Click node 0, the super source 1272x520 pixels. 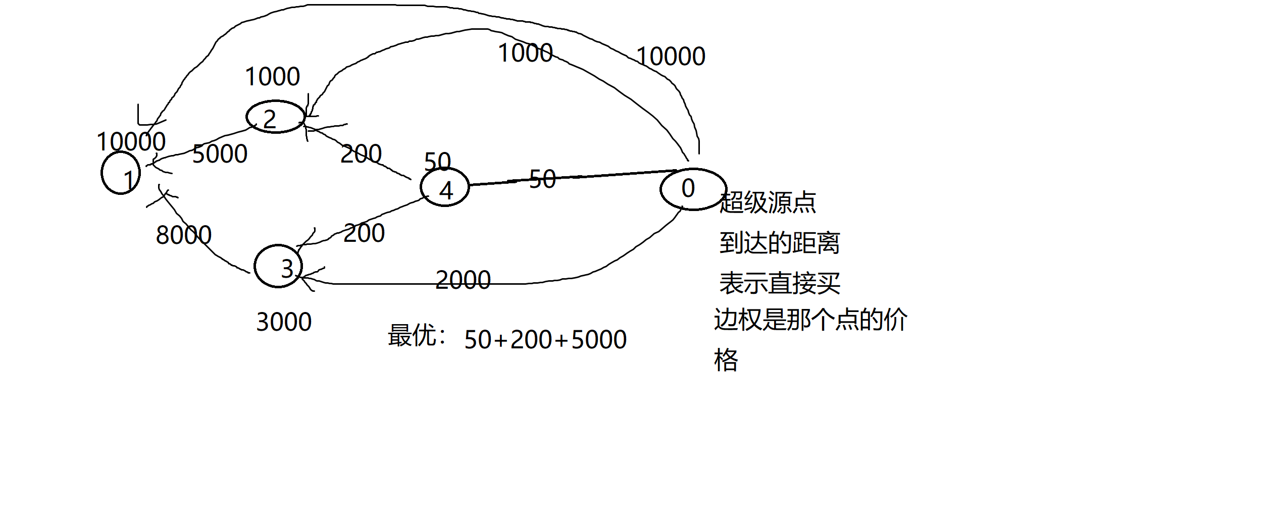692,189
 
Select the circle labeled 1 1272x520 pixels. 121,173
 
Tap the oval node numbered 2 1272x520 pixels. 275,117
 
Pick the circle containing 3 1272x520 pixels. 278,266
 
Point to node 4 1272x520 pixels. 444,187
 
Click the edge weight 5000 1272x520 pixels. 220,154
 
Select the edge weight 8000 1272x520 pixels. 183,235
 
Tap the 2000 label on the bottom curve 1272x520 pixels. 463,280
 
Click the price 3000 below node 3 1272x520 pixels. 284,322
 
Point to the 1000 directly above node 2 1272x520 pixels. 272,77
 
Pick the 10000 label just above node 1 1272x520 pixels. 131,142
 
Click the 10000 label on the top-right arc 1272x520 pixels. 670,57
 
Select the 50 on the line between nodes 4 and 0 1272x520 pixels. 542,179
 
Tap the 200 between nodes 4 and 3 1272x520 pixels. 364,233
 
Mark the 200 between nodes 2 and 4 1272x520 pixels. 361,154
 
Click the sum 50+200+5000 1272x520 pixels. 545,340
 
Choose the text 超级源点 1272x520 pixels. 767,203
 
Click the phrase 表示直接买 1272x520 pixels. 779,283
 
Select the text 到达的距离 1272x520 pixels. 779,243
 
